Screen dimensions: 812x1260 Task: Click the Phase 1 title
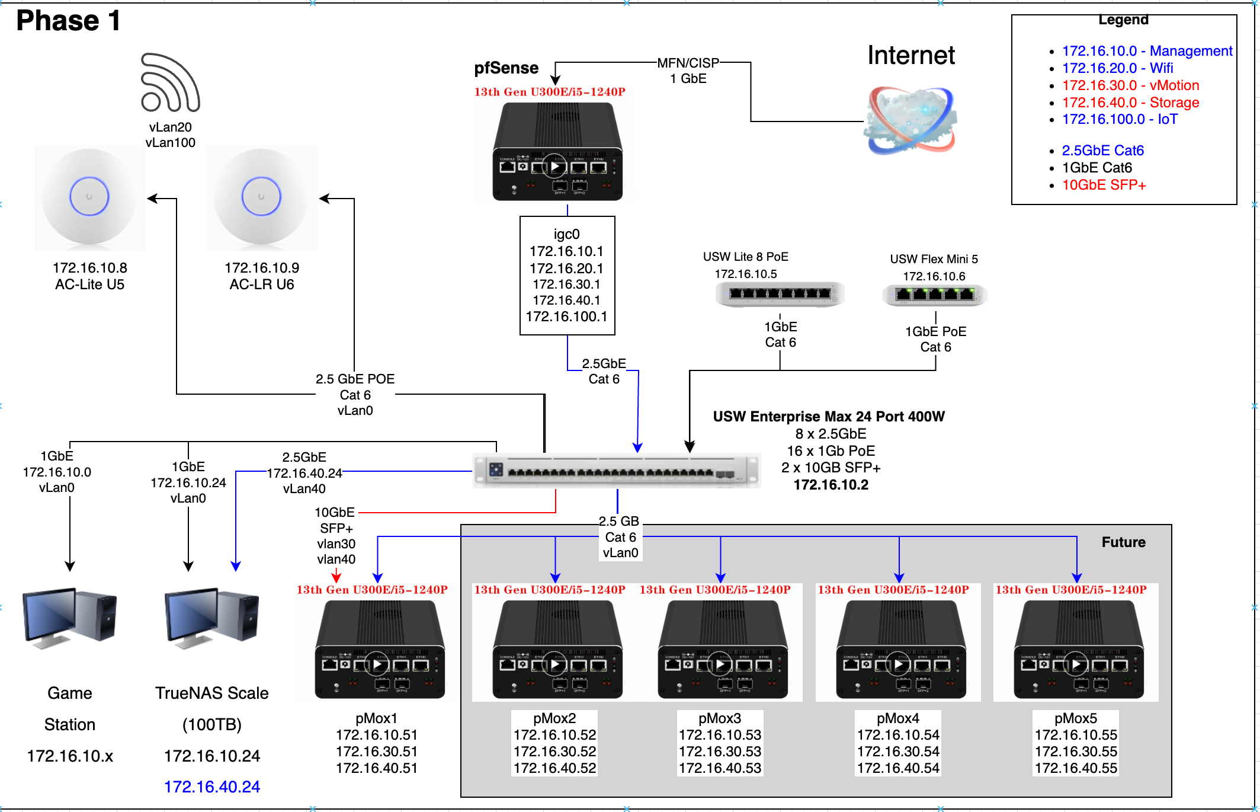click(68, 21)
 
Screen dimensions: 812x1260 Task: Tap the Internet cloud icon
click(910, 120)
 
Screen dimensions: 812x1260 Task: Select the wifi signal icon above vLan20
click(170, 83)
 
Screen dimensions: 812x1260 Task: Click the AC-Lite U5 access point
click(89, 197)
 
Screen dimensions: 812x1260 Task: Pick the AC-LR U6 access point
click(261, 197)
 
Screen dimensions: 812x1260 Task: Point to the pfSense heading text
click(506, 68)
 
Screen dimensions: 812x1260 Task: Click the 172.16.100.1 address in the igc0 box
click(567, 317)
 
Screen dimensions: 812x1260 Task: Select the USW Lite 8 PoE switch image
click(780, 294)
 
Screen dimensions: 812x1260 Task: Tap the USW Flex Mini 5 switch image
click(935, 295)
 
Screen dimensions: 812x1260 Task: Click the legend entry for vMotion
click(1130, 85)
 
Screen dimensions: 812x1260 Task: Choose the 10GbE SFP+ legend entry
click(1104, 185)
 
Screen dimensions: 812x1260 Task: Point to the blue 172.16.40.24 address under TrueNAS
click(212, 787)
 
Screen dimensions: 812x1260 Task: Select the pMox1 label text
click(377, 718)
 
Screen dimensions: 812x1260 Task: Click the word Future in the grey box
click(1123, 542)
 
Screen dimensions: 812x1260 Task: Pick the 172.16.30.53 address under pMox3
click(720, 752)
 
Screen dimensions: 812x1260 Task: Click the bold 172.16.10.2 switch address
click(831, 485)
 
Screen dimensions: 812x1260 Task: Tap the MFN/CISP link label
click(688, 63)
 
